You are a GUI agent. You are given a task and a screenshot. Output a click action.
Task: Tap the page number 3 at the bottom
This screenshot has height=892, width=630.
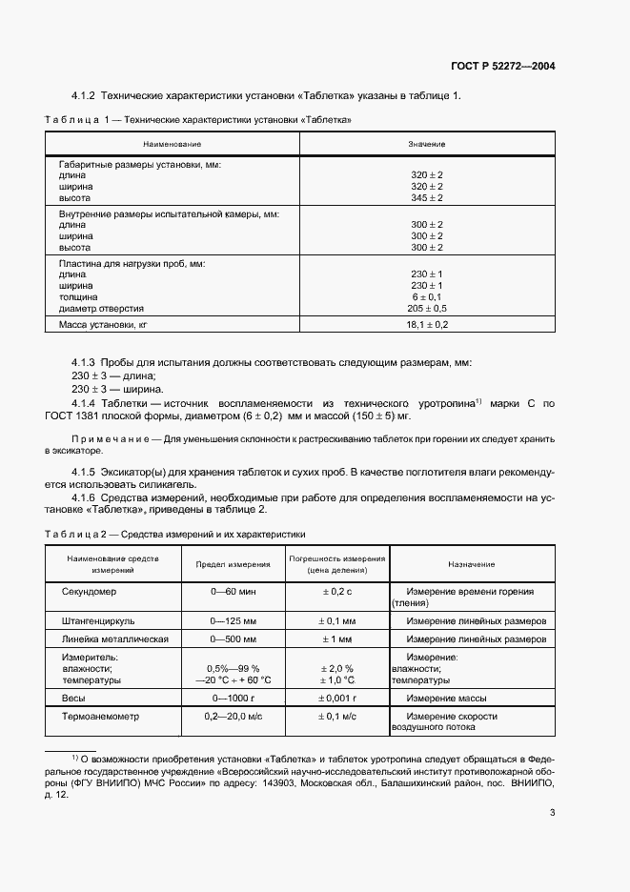553,812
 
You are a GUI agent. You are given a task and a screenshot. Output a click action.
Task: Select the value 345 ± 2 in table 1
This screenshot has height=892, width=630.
427,197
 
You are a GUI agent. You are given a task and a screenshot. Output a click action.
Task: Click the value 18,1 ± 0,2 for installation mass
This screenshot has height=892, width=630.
427,325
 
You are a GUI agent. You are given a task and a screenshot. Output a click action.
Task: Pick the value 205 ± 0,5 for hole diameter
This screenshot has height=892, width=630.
427,309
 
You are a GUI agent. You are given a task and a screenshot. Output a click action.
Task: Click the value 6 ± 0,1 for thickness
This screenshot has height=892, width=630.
427,297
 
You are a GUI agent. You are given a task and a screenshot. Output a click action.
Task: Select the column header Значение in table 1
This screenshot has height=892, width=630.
427,144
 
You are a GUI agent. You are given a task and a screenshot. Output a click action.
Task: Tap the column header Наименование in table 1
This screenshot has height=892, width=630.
173,144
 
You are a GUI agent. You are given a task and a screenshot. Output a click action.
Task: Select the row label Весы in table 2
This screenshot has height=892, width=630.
73,699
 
